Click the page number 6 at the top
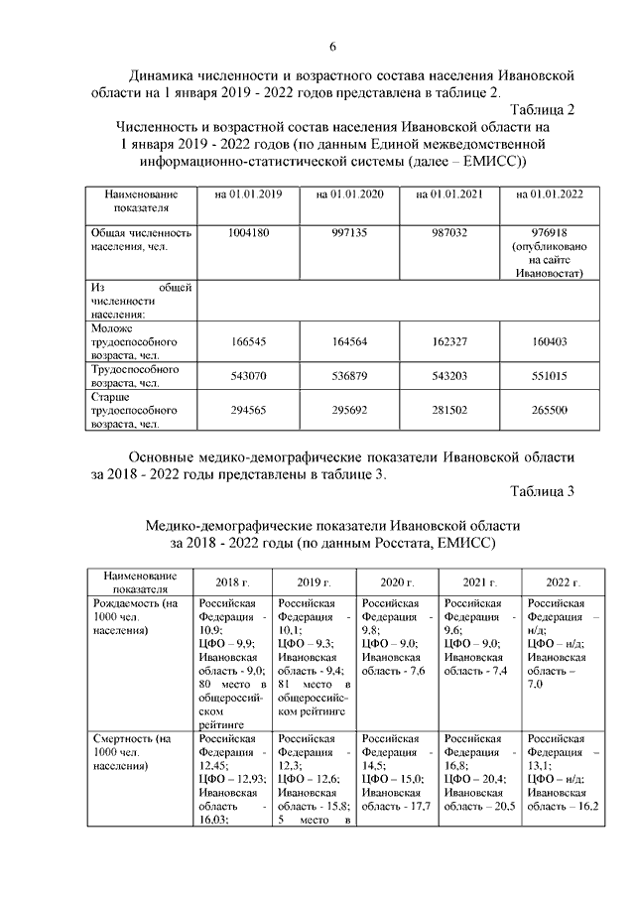point(333,48)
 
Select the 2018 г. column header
point(234,581)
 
